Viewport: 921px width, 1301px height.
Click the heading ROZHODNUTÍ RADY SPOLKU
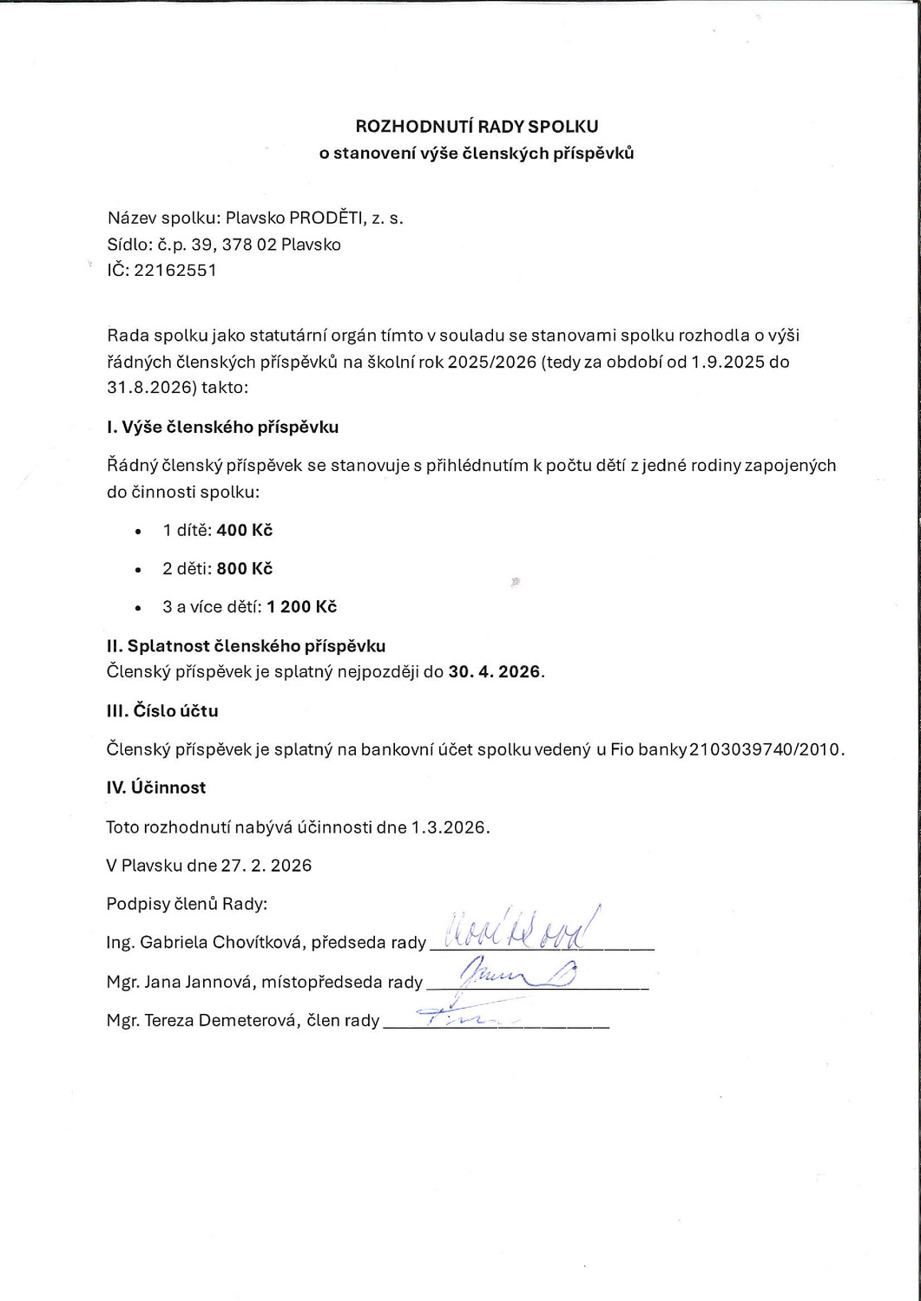(x=477, y=127)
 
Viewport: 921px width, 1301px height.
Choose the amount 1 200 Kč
(x=302, y=607)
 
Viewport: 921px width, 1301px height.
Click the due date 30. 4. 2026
(x=495, y=671)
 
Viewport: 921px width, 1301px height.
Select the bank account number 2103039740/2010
(x=765, y=749)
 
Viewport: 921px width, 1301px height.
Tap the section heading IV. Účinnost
(x=156, y=788)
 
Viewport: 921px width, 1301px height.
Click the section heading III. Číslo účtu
(x=162, y=711)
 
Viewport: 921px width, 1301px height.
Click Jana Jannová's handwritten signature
(x=512, y=975)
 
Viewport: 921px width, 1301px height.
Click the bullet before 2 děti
(x=138, y=570)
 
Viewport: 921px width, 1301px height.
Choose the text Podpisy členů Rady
(x=187, y=904)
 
